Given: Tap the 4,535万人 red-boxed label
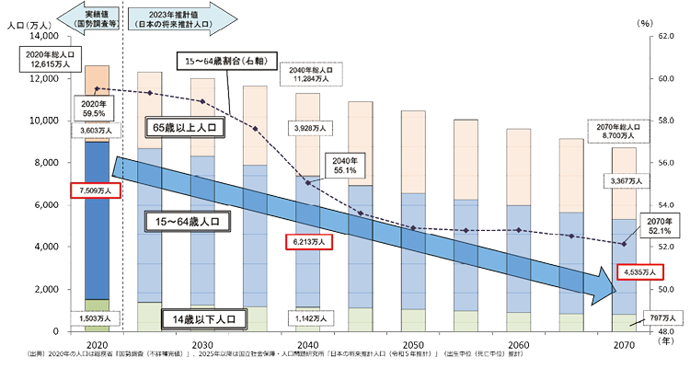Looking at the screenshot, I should click(x=639, y=272).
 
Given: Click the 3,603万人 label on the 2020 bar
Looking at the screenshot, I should click(x=96, y=133).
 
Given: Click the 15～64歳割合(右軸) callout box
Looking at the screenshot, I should click(x=224, y=61).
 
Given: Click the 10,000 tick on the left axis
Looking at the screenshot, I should click(x=44, y=121).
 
